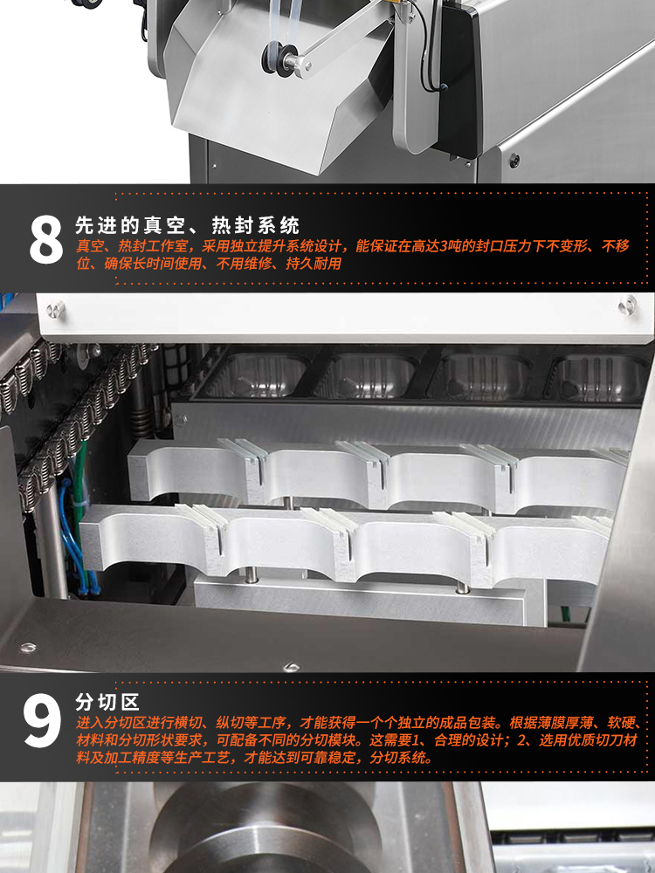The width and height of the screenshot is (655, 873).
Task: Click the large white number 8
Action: [46, 239]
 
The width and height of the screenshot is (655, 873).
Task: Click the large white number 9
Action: [42, 720]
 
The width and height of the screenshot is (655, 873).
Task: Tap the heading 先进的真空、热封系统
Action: [188, 225]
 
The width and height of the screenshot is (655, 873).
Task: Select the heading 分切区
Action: [107, 702]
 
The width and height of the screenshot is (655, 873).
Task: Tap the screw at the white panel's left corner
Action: [55, 309]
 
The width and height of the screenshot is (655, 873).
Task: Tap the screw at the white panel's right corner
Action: [628, 304]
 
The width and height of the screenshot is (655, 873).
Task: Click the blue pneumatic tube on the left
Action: [72, 534]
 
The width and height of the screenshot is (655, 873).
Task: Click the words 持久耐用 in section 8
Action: [314, 264]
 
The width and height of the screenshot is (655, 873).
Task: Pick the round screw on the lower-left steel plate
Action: [27, 648]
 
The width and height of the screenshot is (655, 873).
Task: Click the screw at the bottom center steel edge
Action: [291, 666]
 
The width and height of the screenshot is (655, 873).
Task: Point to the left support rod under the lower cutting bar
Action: [252, 575]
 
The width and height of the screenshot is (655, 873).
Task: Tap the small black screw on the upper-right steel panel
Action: [514, 161]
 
